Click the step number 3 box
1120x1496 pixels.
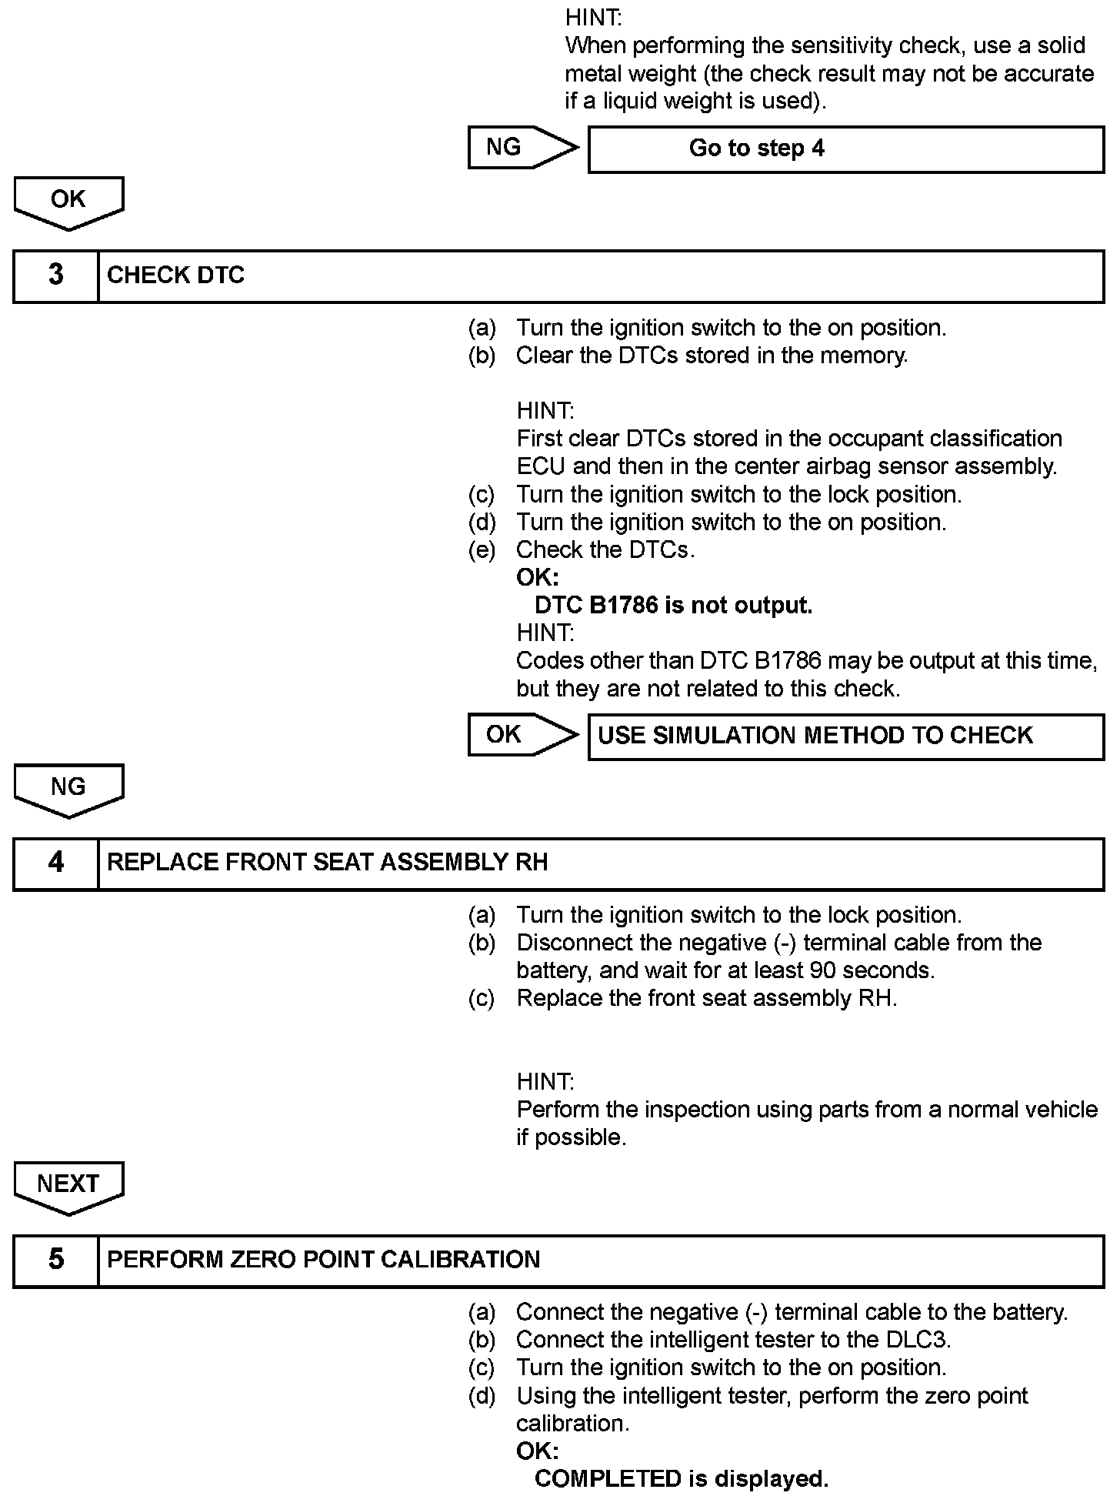pyautogui.click(x=56, y=275)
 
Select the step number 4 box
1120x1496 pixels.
pyautogui.click(x=56, y=863)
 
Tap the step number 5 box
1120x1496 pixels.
pyautogui.click(x=56, y=1260)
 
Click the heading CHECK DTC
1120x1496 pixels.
pyautogui.click(x=175, y=275)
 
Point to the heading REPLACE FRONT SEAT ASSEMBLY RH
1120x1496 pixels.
pyautogui.click(x=327, y=863)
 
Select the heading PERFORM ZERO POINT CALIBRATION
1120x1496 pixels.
pyautogui.click(x=323, y=1260)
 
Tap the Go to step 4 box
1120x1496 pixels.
pyautogui.click(x=845, y=149)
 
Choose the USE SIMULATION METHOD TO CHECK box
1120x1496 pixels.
pyautogui.click(x=845, y=736)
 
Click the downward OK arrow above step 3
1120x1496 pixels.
pyautogui.click(x=68, y=202)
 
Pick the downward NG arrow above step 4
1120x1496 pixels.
pyautogui.click(x=68, y=790)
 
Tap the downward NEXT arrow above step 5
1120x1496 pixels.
pyautogui.click(x=68, y=1187)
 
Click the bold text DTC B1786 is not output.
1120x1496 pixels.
pyautogui.click(x=673, y=606)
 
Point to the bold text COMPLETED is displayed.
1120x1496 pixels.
pyautogui.click(x=681, y=1478)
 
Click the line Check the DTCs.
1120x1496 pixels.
pyautogui.click(x=605, y=550)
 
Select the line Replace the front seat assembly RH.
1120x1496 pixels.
pyautogui.click(x=706, y=998)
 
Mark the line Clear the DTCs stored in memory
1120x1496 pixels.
pyautogui.click(x=712, y=356)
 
